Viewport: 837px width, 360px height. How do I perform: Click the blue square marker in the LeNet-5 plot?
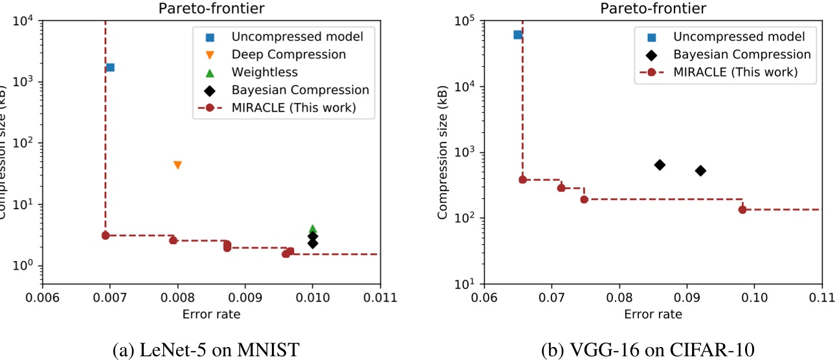click(x=110, y=67)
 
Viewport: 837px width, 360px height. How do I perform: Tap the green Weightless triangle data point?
click(x=313, y=229)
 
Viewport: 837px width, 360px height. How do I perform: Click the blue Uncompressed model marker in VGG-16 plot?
click(x=518, y=34)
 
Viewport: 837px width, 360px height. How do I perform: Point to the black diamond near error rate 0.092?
click(x=700, y=171)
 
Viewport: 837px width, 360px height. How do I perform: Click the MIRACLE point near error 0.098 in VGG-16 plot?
click(x=742, y=209)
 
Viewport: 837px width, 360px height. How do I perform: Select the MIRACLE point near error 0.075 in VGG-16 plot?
click(x=584, y=199)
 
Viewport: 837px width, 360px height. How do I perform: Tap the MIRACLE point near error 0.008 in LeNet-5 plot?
click(x=173, y=240)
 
